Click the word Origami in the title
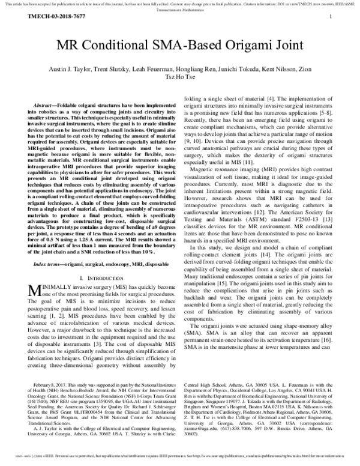[x=235, y=46]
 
